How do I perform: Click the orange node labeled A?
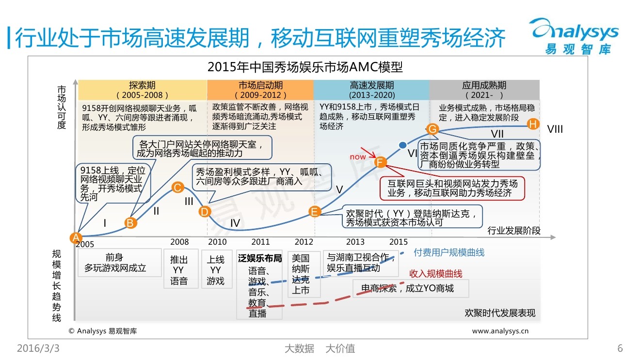(75, 237)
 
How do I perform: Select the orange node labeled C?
(177, 188)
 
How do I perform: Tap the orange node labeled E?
(315, 211)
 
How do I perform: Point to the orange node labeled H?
(533, 124)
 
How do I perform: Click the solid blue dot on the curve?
(402, 145)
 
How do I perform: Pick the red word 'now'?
(358, 157)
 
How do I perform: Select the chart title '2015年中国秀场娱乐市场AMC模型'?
(305, 66)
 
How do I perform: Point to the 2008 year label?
(179, 242)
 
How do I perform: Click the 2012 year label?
(304, 242)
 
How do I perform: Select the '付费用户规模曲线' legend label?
(449, 252)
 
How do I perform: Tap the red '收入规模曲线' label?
(436, 273)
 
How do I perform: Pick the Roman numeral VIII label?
(555, 129)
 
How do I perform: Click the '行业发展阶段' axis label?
(513, 231)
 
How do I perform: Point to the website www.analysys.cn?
(500, 331)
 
